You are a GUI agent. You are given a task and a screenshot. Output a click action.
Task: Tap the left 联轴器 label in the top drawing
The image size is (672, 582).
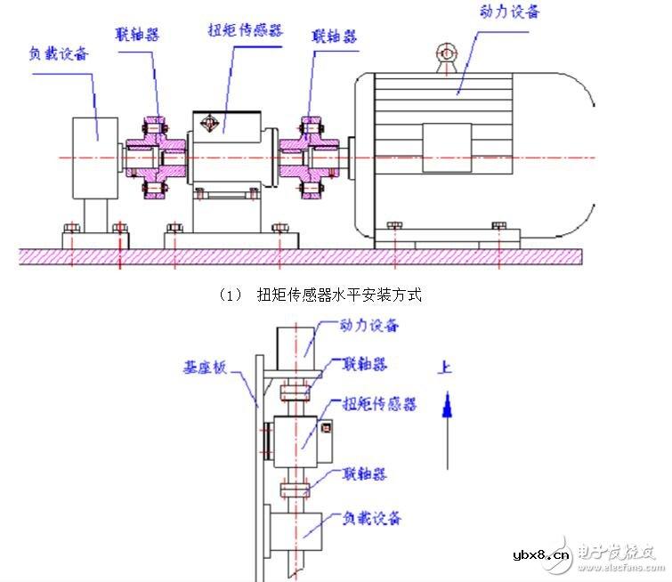(x=137, y=34)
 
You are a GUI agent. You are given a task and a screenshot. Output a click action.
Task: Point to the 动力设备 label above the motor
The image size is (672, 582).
(x=510, y=12)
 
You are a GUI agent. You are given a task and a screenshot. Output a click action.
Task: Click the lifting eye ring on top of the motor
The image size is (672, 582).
(x=446, y=57)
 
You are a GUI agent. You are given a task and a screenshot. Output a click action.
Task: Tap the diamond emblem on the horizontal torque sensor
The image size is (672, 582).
(x=211, y=122)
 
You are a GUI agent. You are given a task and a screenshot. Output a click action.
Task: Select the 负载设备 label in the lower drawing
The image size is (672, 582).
(x=371, y=517)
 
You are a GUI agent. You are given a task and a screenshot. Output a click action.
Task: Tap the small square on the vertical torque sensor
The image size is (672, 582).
(x=326, y=428)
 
